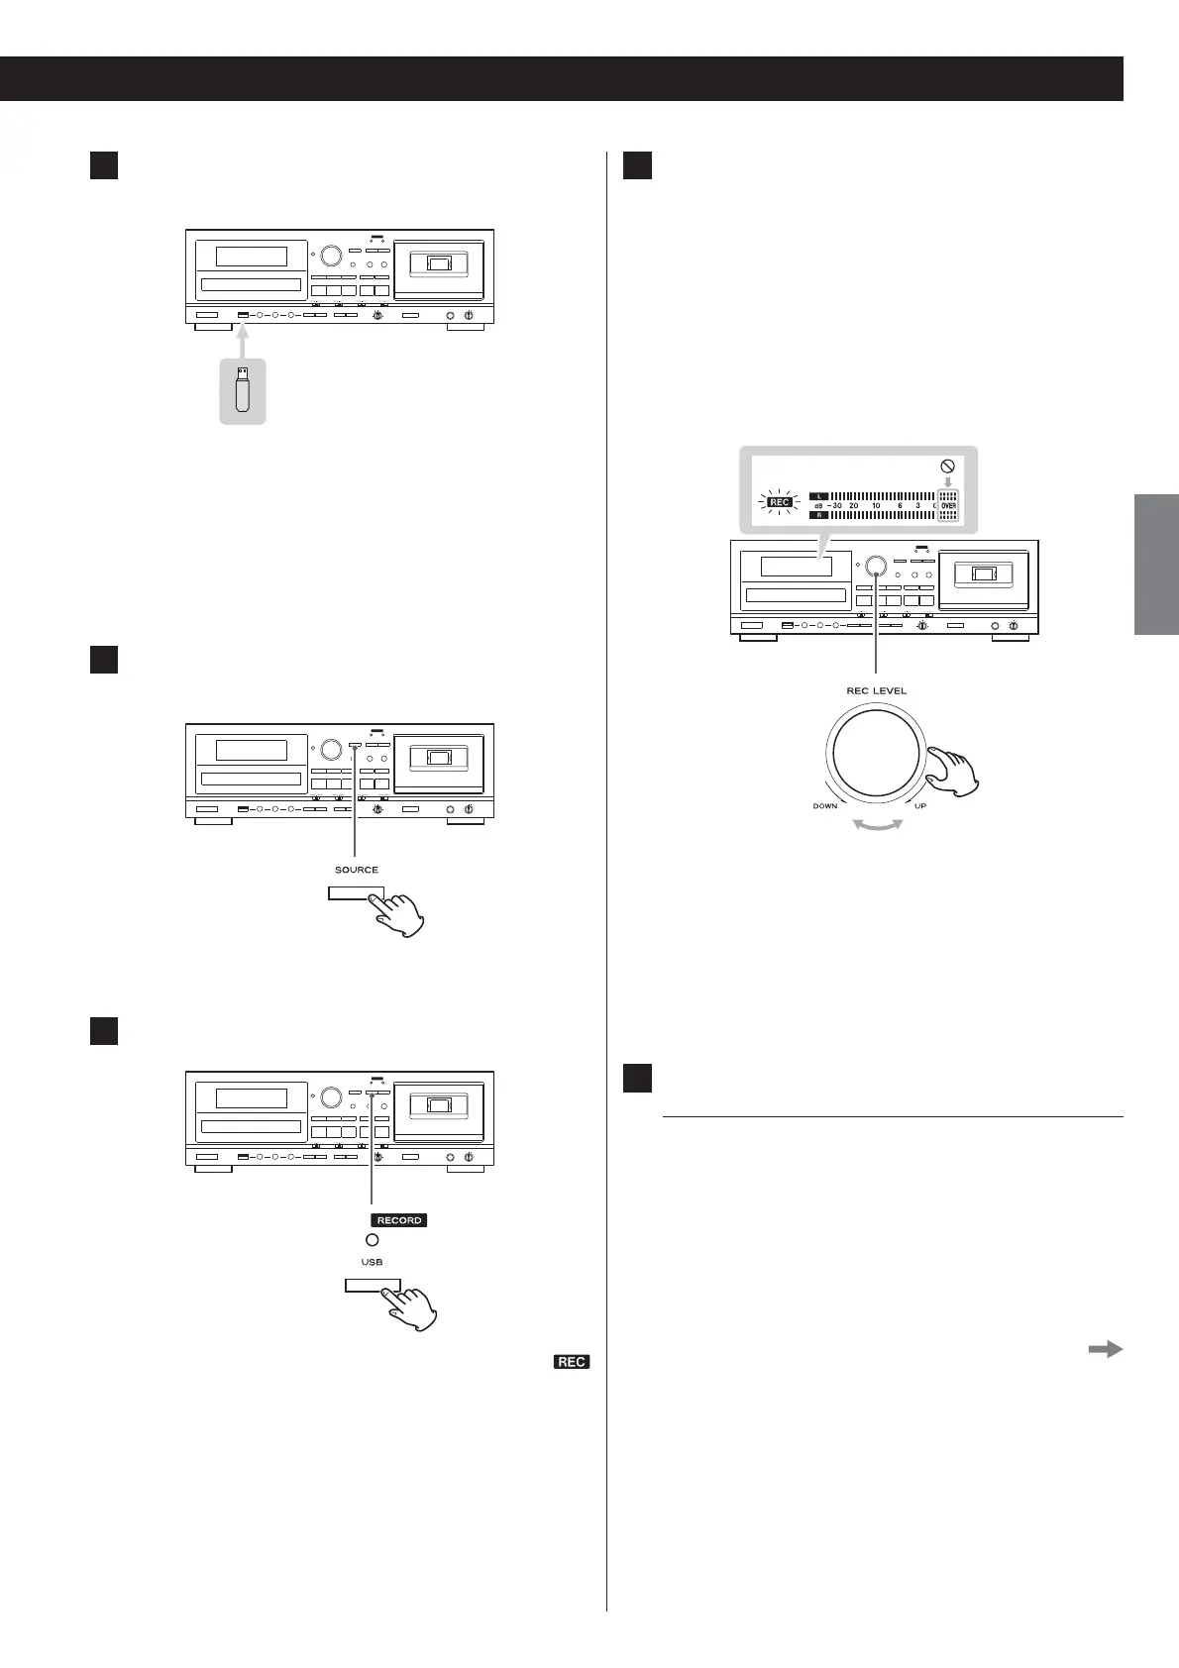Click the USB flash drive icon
(243, 390)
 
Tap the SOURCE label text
(356, 870)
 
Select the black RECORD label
(399, 1220)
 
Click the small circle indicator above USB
(372, 1240)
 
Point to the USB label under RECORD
(372, 1262)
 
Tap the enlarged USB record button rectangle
(373, 1286)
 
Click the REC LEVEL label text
(876, 690)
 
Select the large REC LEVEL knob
(876, 753)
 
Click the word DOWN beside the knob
(825, 806)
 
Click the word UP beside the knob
(920, 806)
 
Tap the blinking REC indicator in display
(780, 501)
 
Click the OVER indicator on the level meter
(948, 505)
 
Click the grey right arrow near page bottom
(1105, 1348)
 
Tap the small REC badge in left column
(572, 1362)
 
